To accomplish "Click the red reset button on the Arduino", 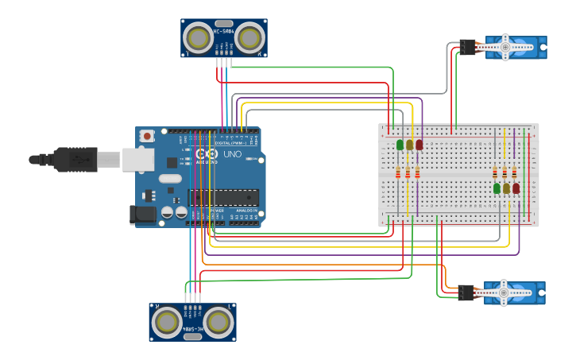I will click(147, 137).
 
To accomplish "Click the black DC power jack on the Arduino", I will click(142, 214).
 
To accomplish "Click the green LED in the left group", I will click(400, 145).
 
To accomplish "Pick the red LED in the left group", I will click(419, 145).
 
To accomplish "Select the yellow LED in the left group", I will click(409, 145).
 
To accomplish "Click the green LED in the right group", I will click(497, 188).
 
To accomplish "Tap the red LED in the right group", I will click(516, 188).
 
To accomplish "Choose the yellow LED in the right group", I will click(506, 188).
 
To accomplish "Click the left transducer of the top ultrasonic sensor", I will click(198, 37).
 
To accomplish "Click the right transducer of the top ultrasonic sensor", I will click(250, 37).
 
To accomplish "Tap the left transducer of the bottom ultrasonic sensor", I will click(167, 322).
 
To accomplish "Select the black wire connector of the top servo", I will click(467, 48).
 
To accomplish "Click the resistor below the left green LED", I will click(398, 173).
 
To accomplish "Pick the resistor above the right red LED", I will click(514, 172).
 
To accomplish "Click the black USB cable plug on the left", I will click(72, 160).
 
